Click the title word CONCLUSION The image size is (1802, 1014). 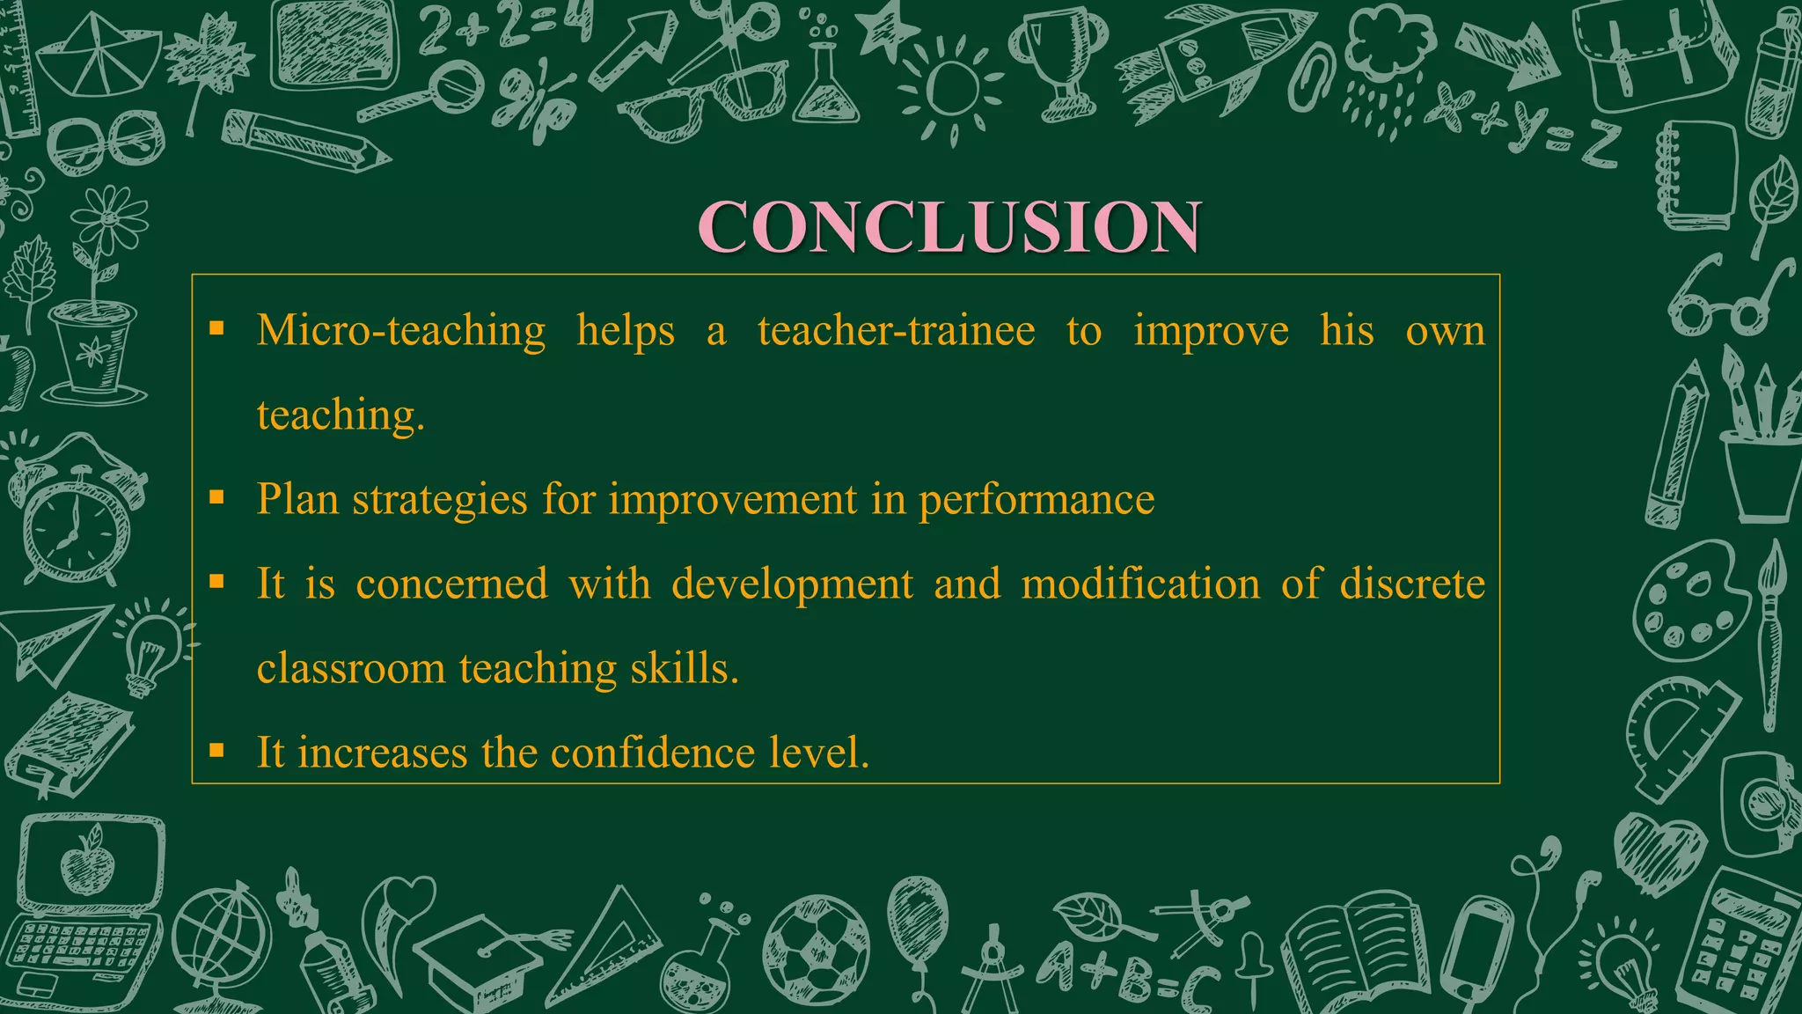(x=949, y=227)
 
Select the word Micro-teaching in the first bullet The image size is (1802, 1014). (x=401, y=331)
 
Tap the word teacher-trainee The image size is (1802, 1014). (x=896, y=331)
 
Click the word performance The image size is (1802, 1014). (x=1037, y=500)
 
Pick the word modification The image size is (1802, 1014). (x=1140, y=584)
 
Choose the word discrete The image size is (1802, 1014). (x=1411, y=584)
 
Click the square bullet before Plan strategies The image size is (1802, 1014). (x=217, y=498)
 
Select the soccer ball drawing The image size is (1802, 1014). (x=816, y=951)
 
